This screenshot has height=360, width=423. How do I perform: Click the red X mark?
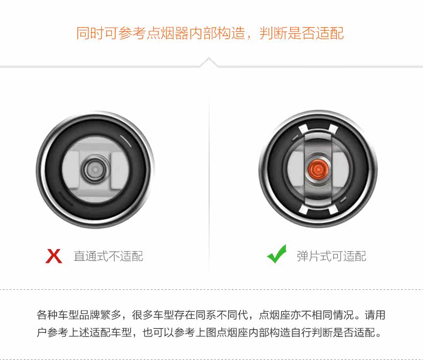tap(54, 256)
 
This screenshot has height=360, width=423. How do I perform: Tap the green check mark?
tap(276, 255)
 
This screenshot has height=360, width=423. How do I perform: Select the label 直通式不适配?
tap(109, 256)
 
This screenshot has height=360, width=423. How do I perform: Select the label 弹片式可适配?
tap(331, 256)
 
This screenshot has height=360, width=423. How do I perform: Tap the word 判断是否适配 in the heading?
tap(301, 33)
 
